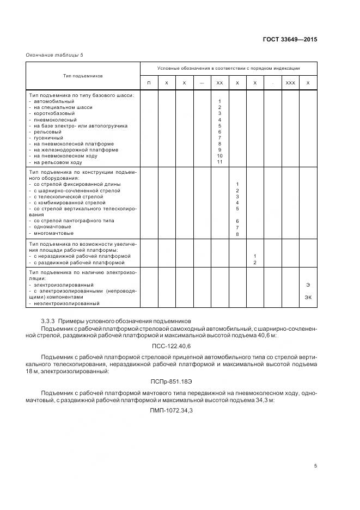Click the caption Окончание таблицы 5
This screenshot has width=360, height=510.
(x=55, y=54)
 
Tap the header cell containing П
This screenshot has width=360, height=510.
(x=149, y=83)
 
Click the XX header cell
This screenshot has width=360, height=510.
(x=219, y=83)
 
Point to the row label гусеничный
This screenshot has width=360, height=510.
(x=48, y=138)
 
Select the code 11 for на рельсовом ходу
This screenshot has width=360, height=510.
(x=219, y=162)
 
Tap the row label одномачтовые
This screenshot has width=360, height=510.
(x=53, y=227)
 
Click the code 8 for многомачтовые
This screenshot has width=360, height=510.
(x=237, y=234)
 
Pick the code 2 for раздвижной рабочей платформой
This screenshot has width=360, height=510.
(x=255, y=263)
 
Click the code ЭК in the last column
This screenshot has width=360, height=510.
(x=308, y=297)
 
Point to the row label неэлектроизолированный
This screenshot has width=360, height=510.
(x=66, y=303)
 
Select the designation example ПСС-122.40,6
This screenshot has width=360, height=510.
(x=172, y=346)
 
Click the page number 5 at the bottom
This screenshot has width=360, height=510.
(x=315, y=466)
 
